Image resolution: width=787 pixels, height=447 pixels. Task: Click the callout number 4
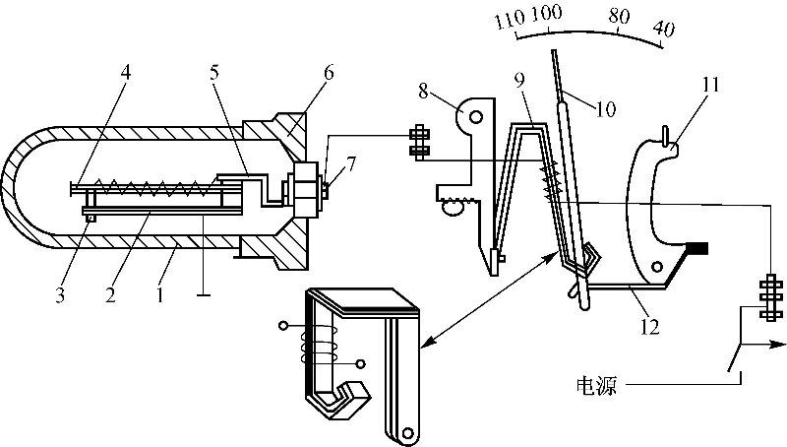(126, 72)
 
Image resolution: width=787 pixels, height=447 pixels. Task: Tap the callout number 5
(214, 72)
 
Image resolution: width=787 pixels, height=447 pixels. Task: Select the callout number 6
(328, 72)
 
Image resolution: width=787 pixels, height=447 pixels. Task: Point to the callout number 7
(351, 165)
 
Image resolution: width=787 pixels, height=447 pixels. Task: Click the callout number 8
(424, 92)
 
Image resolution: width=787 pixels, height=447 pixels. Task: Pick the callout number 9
(519, 81)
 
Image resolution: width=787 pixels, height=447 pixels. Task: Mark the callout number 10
(606, 108)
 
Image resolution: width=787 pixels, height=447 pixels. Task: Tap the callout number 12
(648, 327)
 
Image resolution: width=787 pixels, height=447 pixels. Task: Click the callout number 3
(60, 294)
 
